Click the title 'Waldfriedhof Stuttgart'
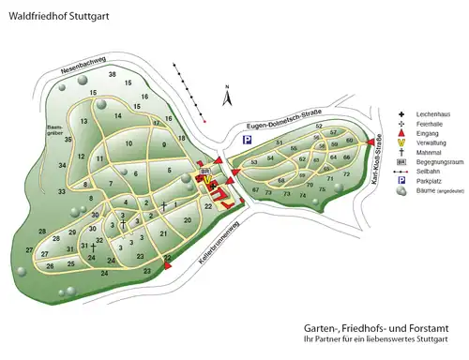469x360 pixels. (54, 16)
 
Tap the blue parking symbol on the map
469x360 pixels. (248, 140)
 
